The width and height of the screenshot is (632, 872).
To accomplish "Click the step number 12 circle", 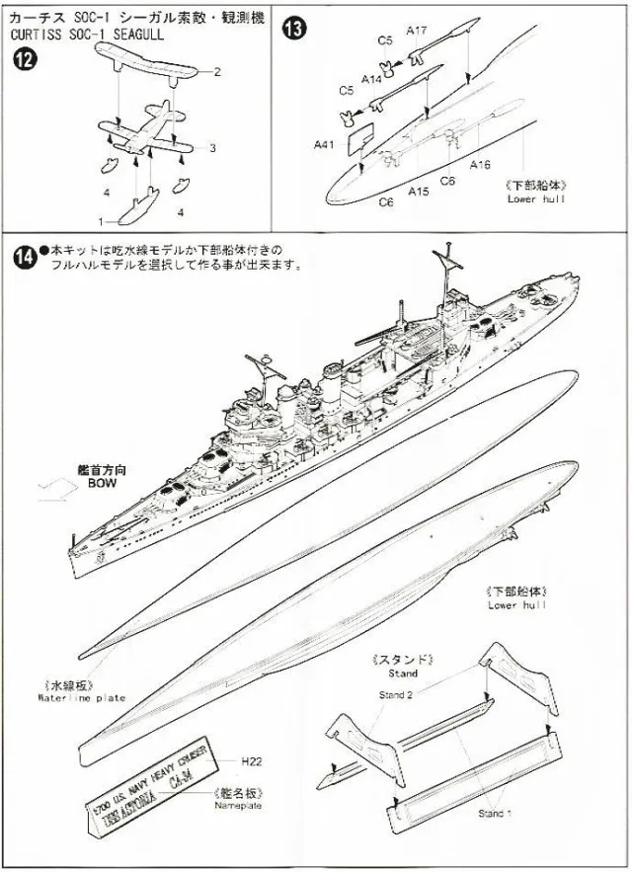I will [25, 59].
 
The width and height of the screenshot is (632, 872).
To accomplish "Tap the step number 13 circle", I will [293, 28].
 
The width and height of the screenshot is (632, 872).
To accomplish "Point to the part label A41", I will [324, 144].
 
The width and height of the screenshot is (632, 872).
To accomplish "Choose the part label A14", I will [372, 78].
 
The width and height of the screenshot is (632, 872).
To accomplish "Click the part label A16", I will [481, 164].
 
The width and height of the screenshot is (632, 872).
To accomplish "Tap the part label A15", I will [418, 191].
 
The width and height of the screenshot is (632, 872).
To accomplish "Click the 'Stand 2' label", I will [397, 694].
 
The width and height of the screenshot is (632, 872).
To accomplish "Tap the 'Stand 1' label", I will [495, 814].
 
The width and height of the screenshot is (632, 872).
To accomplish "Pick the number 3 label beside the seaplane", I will [211, 148].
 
